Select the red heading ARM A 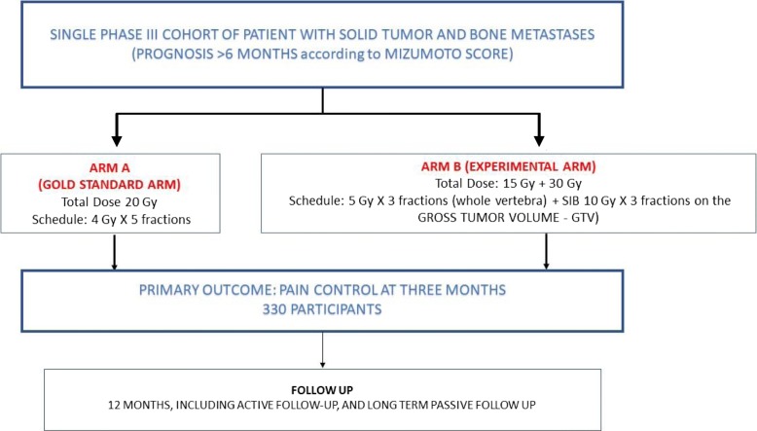[110, 168]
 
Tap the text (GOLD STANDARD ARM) [110, 185]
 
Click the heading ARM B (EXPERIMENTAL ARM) [508, 166]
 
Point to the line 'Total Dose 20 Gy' [110, 202]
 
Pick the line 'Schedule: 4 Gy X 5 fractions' [112, 220]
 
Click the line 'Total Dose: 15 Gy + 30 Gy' [508, 184]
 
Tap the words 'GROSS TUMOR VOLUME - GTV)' [508, 218]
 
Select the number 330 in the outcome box [274, 309]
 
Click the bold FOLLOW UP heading [322, 390]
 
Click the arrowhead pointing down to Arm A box [117, 140]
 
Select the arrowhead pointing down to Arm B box [539, 140]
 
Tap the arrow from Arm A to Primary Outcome [115, 252]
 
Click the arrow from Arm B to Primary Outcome [546, 251]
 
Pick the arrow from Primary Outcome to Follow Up [322, 350]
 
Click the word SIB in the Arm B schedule [570, 200]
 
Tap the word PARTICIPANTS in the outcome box [336, 309]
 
